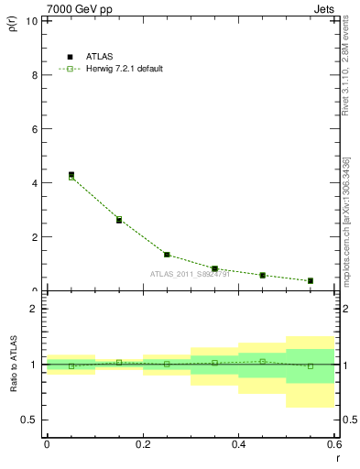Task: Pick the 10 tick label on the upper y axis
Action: [32, 21]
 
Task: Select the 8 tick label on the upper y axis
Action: [35, 75]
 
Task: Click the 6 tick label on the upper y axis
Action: [35, 129]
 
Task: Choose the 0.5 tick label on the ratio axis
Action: [30, 420]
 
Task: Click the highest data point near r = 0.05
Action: [71, 175]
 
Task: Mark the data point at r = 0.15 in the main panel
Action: [119, 220]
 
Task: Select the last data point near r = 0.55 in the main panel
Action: [311, 280]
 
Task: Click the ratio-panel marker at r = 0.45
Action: [263, 361]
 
